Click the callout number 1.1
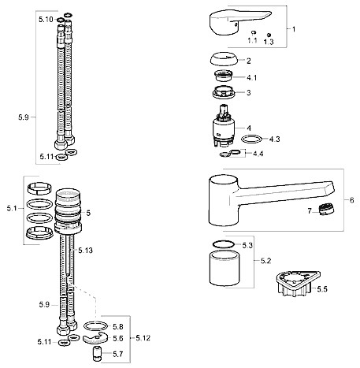click(253, 40)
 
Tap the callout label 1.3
click(269, 42)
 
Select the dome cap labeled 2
click(224, 59)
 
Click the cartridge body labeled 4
click(223, 125)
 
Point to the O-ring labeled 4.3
click(251, 139)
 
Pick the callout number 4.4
click(258, 154)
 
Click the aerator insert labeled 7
click(325, 210)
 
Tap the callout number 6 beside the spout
click(352, 200)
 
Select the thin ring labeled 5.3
click(223, 244)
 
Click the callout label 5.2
click(265, 261)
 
